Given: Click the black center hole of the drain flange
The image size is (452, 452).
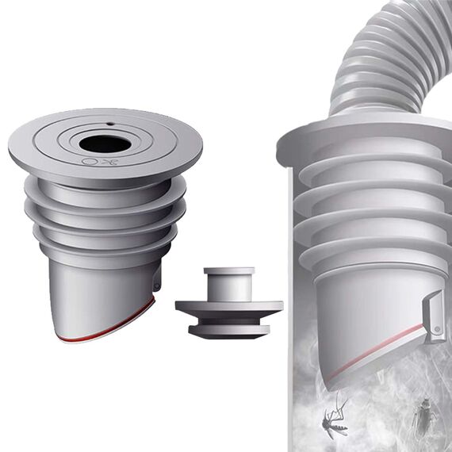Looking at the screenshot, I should coord(104,144).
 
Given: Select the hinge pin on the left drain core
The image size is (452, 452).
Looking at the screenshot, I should coord(157,280).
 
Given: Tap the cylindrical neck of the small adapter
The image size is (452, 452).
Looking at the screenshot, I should coord(229,283).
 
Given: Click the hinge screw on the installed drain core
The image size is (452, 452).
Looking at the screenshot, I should coord(436,326).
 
